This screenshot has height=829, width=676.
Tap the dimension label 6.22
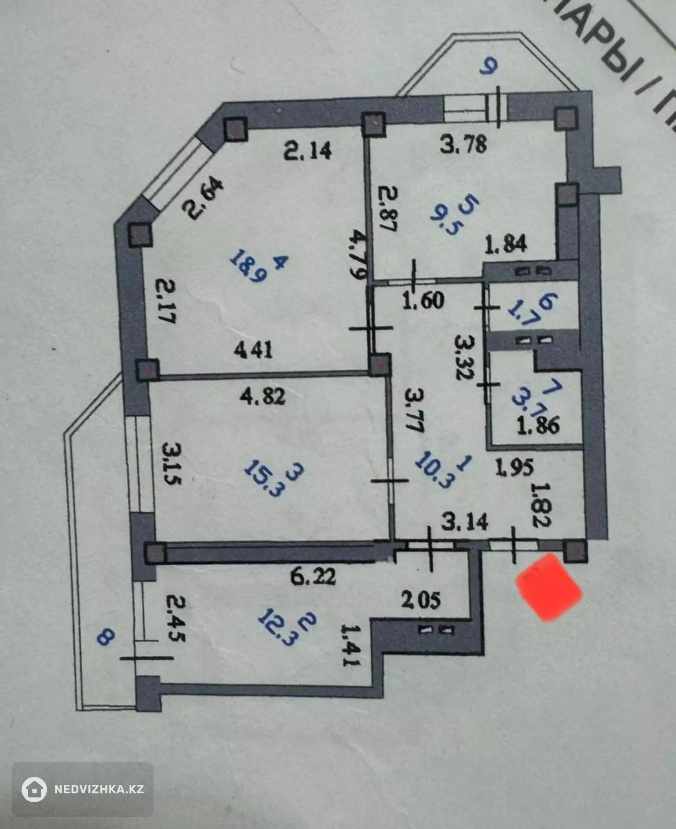click(313, 576)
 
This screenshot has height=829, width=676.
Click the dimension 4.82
click(262, 397)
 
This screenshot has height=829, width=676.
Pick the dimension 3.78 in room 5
click(463, 144)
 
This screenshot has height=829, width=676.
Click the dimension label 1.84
click(506, 244)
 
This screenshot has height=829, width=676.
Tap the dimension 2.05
click(421, 600)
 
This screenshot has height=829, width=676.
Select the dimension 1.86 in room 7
click(538, 426)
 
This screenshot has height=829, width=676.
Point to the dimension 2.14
click(308, 151)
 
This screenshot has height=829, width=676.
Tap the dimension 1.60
click(423, 300)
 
